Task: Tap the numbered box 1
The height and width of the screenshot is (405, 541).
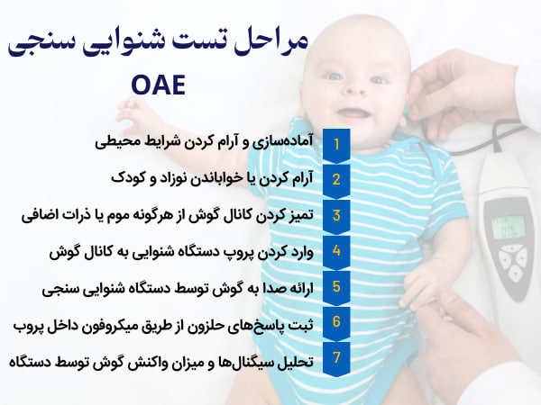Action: tap(336, 143)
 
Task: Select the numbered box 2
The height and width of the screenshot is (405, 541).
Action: tap(336, 179)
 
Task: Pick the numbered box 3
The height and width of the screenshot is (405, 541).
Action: tap(336, 215)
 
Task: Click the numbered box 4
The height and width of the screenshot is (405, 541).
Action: tap(336, 251)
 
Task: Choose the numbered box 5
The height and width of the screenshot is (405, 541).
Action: tap(336, 287)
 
